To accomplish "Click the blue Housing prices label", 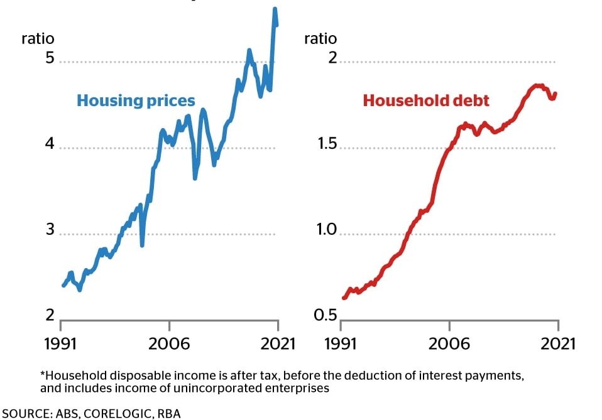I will tap(136, 100).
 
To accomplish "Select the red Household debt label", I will tap(426, 100).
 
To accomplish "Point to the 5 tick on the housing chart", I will tap(50, 59).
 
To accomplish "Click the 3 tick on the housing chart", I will tap(50, 230).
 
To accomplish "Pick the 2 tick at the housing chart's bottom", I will tap(50, 316).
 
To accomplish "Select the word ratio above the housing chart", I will tap(38, 39).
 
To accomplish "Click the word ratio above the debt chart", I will tap(320, 39).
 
